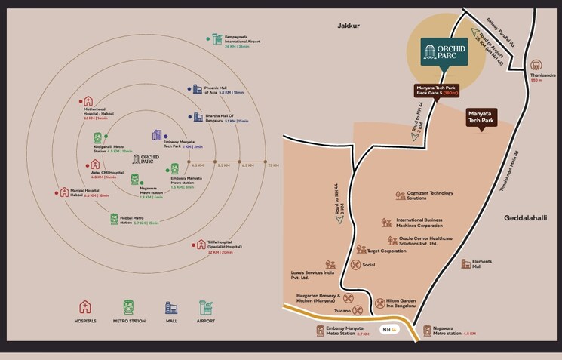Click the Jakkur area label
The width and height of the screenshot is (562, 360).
pos(349,26)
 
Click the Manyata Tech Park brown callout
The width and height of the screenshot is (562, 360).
pos(481,116)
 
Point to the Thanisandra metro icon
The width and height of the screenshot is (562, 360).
pos(536,66)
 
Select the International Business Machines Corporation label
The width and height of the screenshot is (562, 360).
pos(419,223)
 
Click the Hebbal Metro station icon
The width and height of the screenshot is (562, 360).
pos(115,219)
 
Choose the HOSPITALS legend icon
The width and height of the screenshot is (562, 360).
pos(85,307)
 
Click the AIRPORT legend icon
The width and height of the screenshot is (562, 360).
pos(205,307)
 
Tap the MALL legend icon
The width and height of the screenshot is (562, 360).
pos(171,307)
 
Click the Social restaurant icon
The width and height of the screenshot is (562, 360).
pos(355,265)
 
